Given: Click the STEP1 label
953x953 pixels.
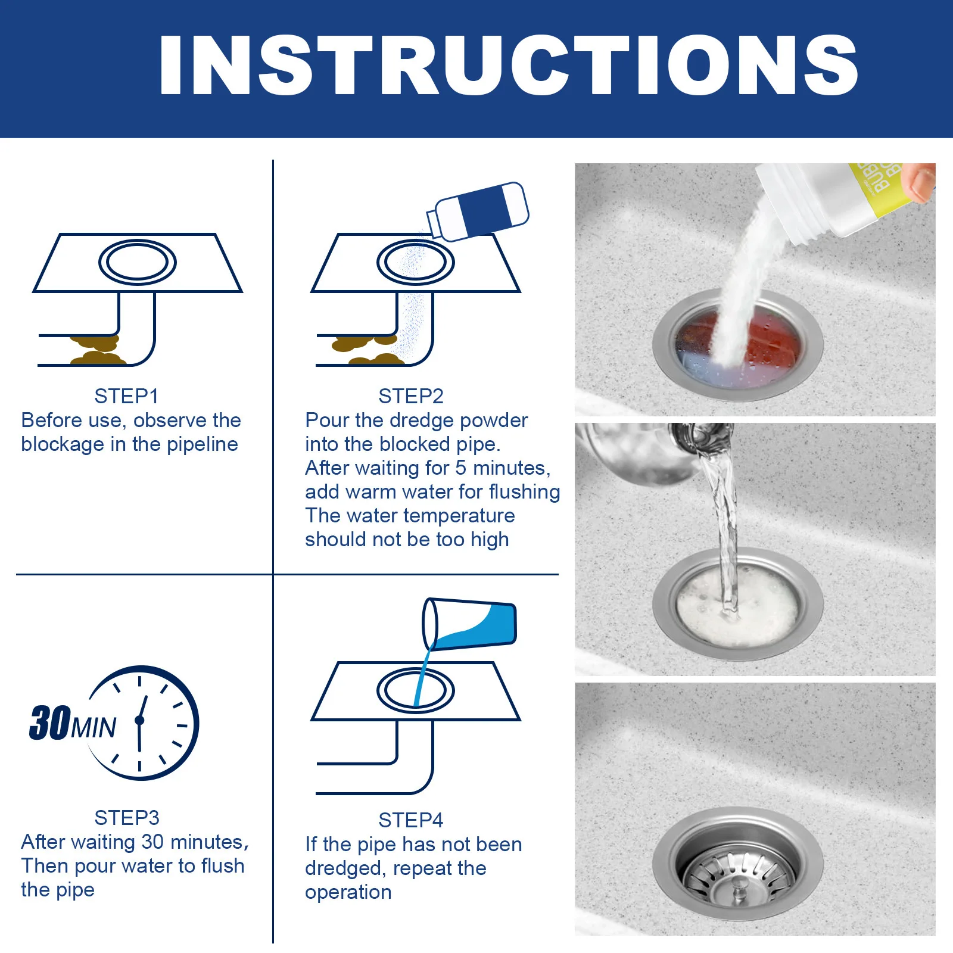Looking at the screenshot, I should [x=126, y=396].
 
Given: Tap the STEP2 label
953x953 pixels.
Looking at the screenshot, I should [x=411, y=396].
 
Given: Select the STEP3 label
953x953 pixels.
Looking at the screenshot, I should [x=127, y=818].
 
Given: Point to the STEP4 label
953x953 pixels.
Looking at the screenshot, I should [x=411, y=820].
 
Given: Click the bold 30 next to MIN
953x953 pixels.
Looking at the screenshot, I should [x=50, y=724].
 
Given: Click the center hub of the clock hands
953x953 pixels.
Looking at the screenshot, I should [x=140, y=721].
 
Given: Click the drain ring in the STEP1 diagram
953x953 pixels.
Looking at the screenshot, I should [x=137, y=263].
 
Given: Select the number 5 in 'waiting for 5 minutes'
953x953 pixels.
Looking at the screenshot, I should [x=460, y=468].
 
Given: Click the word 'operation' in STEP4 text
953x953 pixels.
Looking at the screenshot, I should [x=348, y=892].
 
